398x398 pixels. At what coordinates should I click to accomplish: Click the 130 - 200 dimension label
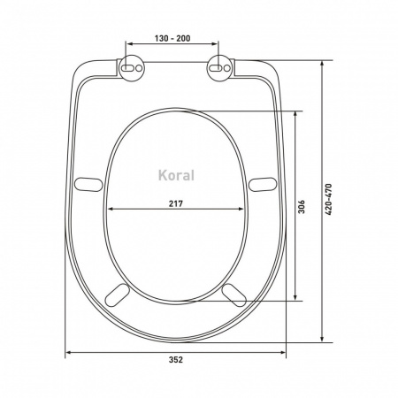coord(172,38)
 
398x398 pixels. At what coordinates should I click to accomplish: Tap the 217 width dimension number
coord(176,203)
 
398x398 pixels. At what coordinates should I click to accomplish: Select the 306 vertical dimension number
coord(302,207)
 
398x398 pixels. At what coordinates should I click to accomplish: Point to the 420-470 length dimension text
coord(328,199)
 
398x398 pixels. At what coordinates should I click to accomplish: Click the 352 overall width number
coord(176,360)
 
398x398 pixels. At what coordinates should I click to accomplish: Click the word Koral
coord(176,175)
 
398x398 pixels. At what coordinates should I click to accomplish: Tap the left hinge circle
coord(132,68)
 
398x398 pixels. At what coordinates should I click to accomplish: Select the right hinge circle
coord(219,68)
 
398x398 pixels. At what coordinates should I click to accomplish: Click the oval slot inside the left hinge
coord(128,68)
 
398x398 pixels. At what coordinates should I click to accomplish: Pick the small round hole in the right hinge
coord(227,68)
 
